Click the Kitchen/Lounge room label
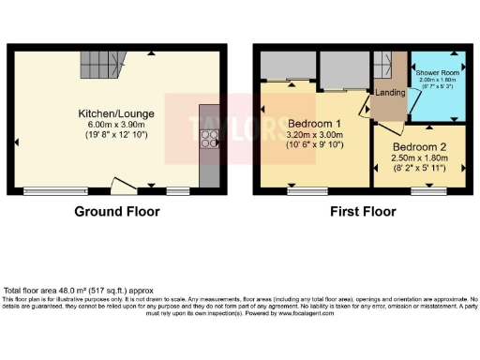(117, 113)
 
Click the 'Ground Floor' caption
(117, 212)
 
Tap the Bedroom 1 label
(314, 124)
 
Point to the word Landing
(389, 93)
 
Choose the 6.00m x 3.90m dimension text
(117, 125)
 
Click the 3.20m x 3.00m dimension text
(314, 135)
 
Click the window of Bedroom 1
(302, 191)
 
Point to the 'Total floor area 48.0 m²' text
(79, 290)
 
